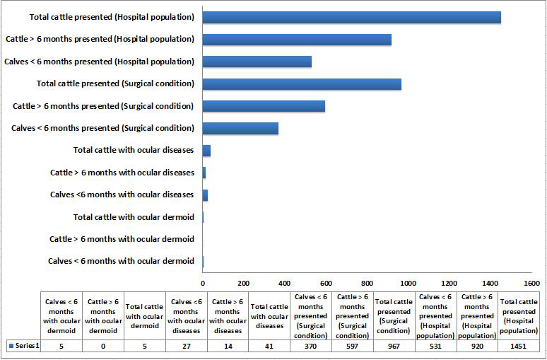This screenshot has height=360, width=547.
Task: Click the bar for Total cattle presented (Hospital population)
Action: [x=351, y=17]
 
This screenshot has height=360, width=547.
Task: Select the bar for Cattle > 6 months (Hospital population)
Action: [x=297, y=40]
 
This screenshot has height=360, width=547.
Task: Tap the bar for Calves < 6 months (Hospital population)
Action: [x=257, y=62]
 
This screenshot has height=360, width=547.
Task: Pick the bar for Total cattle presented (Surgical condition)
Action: [x=302, y=83]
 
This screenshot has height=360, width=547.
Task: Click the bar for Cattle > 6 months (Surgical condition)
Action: [x=264, y=106]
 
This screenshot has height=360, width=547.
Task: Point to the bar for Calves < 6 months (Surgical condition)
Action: [x=240, y=128]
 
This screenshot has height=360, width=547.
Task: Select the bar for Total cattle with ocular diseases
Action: [x=206, y=151]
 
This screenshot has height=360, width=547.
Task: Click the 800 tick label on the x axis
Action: [x=367, y=282]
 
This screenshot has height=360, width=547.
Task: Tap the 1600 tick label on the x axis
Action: [x=531, y=282]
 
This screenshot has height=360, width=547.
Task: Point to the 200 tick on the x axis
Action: [x=244, y=282]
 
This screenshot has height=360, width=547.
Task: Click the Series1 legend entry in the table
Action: [x=21, y=345]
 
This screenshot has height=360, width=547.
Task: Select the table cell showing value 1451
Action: [x=519, y=345]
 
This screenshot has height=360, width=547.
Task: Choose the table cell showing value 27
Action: [x=186, y=345]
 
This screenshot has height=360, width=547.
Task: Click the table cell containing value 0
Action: [x=103, y=345]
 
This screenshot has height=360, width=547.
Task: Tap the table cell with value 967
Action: [x=394, y=345]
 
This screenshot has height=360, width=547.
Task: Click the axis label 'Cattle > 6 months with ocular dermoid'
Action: [x=122, y=239]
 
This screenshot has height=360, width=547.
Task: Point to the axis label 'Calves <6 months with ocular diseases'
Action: [x=122, y=194]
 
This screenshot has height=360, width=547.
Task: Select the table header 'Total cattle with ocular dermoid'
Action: [x=144, y=316]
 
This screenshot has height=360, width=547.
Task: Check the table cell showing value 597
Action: [x=352, y=345]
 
